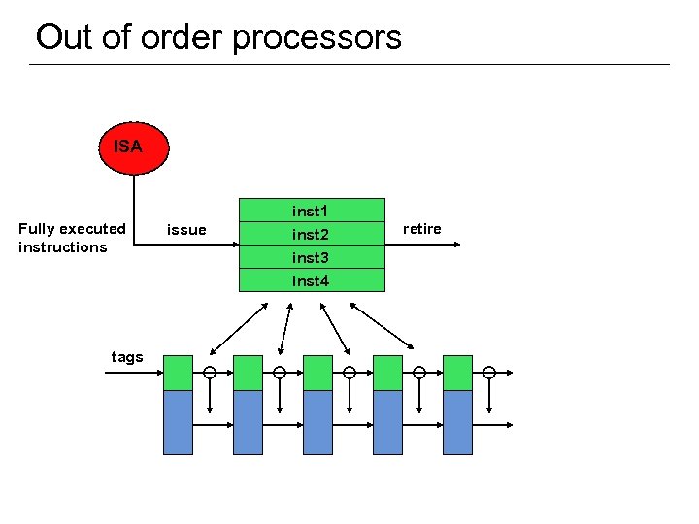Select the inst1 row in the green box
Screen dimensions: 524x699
(x=311, y=211)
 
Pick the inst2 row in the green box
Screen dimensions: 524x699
(x=311, y=235)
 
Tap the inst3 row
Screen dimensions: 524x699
(x=311, y=258)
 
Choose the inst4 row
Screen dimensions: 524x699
(x=311, y=281)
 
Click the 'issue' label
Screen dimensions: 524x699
(x=186, y=230)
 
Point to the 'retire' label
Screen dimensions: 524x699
(x=421, y=229)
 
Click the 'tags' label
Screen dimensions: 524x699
(x=127, y=357)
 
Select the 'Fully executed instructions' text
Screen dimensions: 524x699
(x=72, y=238)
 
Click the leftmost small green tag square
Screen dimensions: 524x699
(x=178, y=373)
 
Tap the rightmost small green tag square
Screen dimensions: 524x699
(x=457, y=373)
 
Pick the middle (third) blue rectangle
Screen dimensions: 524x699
(x=317, y=422)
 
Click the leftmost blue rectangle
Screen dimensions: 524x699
(x=178, y=422)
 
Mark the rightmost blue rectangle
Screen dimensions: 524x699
(x=457, y=422)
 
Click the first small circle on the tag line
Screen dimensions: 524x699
(x=210, y=373)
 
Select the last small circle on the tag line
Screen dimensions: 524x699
(x=489, y=373)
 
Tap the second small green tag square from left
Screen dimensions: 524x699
(x=248, y=373)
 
